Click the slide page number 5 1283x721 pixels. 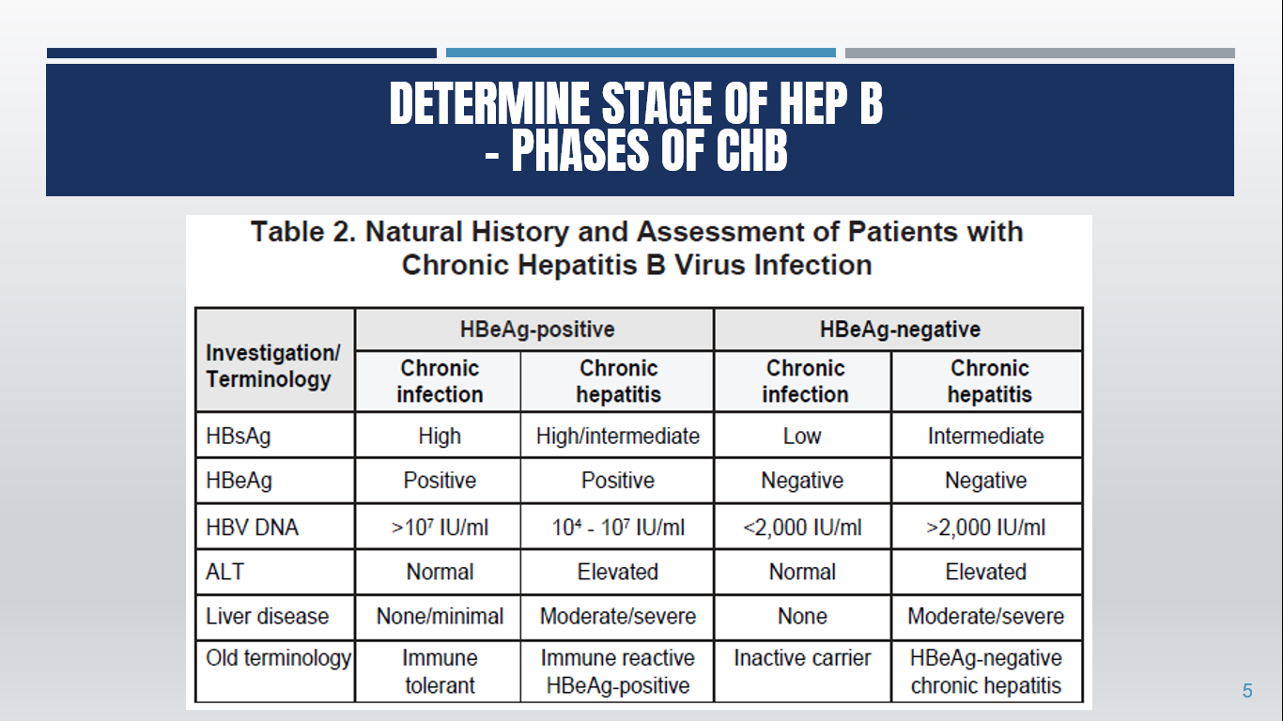tap(1247, 692)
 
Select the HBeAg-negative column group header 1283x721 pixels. tap(899, 330)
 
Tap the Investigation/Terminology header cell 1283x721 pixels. tap(273, 366)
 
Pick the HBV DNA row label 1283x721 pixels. tap(252, 528)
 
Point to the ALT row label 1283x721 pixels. tap(224, 572)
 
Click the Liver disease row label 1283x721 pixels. tap(268, 617)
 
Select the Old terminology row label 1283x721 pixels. tap(278, 658)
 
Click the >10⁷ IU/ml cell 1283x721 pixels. tap(439, 528)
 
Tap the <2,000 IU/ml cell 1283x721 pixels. tap(802, 528)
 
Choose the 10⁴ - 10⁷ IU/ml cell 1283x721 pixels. tap(618, 528)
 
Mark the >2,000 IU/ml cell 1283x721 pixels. tap(985, 528)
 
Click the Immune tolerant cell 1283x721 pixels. tap(439, 672)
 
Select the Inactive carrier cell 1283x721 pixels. tap(802, 658)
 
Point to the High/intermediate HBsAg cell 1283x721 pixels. tap(618, 437)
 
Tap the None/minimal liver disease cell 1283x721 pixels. tap(439, 617)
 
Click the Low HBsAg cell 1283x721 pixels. tap(802, 437)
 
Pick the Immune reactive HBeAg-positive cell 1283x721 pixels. tap(618, 672)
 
